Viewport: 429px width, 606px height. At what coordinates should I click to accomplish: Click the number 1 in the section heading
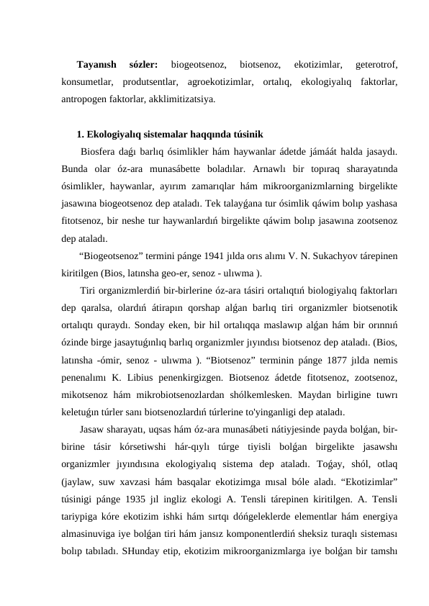pyautogui.click(x=79, y=134)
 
